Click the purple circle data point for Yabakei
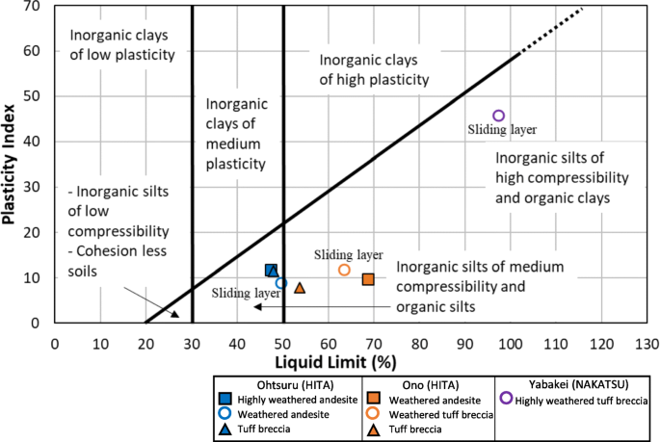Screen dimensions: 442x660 [498, 117]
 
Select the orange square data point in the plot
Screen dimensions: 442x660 [368, 279]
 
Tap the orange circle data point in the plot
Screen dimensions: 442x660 [344, 270]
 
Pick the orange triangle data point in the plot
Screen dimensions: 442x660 [300, 288]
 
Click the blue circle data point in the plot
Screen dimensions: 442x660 [281, 283]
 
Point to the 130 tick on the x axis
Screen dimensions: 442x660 [646, 341]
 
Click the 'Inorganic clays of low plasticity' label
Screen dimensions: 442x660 [122, 45]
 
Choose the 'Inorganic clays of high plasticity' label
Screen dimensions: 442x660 [374, 70]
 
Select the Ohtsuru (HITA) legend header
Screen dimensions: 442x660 [271, 382]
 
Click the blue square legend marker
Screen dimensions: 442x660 [224, 399]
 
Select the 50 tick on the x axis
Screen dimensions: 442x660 [282, 341]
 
